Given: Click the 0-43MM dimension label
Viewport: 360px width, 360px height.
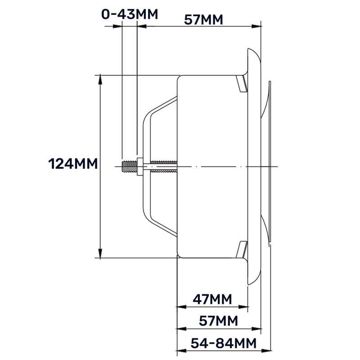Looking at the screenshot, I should (130, 14).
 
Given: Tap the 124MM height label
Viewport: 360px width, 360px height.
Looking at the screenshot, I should (72, 163).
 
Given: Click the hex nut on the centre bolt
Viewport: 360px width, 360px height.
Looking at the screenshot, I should (140, 167).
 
